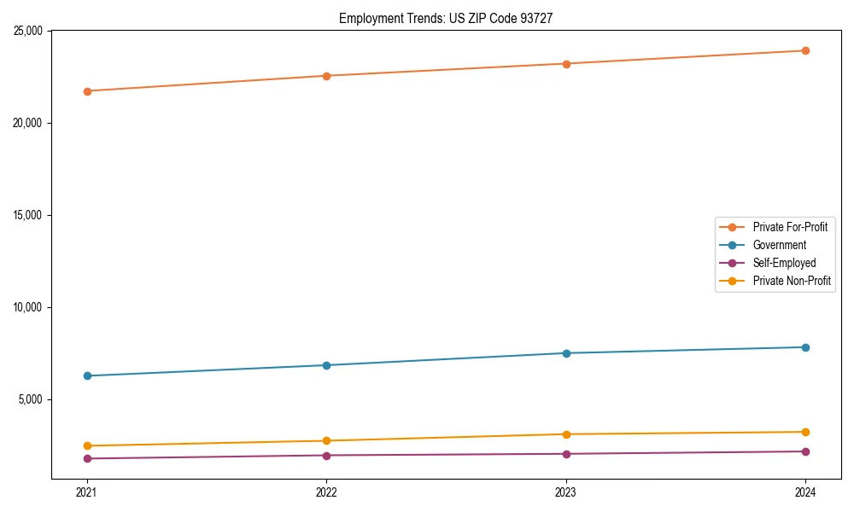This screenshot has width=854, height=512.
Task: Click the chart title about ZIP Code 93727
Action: (x=446, y=18)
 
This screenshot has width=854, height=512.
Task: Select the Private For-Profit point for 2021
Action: (x=87, y=91)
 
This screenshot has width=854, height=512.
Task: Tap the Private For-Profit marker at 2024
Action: (x=805, y=50)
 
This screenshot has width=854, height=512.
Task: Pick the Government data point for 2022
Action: (x=326, y=365)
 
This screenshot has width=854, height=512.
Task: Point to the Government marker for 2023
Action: (x=566, y=353)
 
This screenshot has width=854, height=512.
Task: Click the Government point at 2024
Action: (x=805, y=347)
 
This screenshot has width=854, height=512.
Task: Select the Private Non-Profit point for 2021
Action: (x=87, y=445)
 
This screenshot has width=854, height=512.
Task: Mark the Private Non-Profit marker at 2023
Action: (x=566, y=434)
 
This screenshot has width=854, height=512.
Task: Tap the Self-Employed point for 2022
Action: (x=326, y=455)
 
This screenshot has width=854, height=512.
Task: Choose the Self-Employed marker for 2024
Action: (x=805, y=451)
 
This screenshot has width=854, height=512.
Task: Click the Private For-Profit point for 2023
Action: (x=566, y=64)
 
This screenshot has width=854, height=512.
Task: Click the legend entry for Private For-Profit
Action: (x=789, y=227)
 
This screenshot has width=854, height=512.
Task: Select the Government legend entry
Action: (x=779, y=245)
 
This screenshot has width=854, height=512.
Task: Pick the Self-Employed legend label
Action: (x=784, y=263)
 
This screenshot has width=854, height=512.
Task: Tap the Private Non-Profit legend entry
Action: (x=792, y=281)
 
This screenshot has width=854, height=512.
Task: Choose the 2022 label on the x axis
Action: (x=326, y=492)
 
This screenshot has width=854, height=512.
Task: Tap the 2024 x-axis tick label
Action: (x=805, y=492)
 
